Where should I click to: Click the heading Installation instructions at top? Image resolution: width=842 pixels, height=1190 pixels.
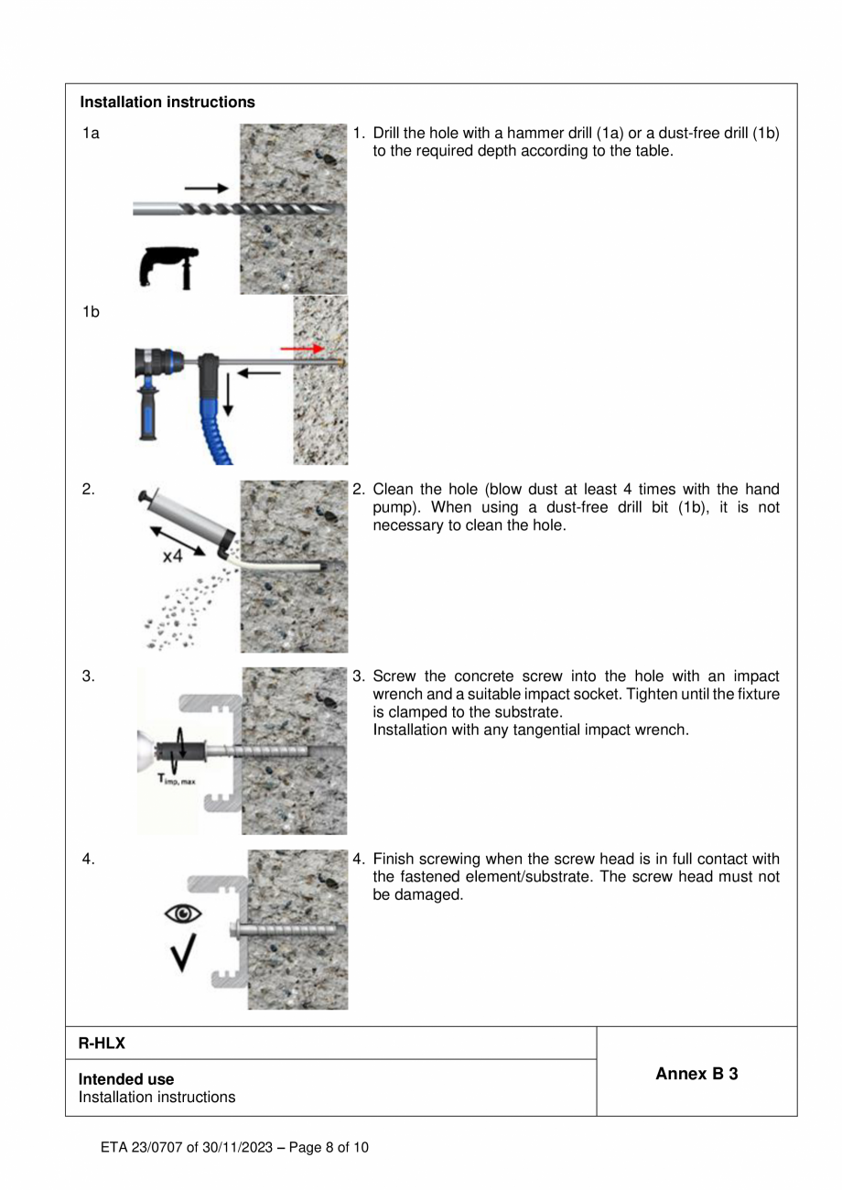(x=167, y=103)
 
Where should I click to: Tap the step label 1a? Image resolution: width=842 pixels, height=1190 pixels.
(x=91, y=134)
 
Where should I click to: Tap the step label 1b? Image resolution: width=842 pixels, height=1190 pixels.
(x=91, y=312)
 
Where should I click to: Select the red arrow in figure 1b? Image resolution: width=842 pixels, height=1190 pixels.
(x=302, y=349)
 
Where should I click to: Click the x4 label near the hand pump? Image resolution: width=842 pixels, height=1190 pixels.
(x=171, y=556)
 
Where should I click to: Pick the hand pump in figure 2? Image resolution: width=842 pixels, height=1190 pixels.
(x=188, y=520)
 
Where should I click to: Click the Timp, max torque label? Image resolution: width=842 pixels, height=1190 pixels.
(x=177, y=781)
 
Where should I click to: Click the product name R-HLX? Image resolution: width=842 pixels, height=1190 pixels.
(x=102, y=1044)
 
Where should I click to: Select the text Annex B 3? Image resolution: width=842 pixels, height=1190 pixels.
(x=696, y=1074)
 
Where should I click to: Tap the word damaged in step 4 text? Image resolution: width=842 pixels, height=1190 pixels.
(x=429, y=894)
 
